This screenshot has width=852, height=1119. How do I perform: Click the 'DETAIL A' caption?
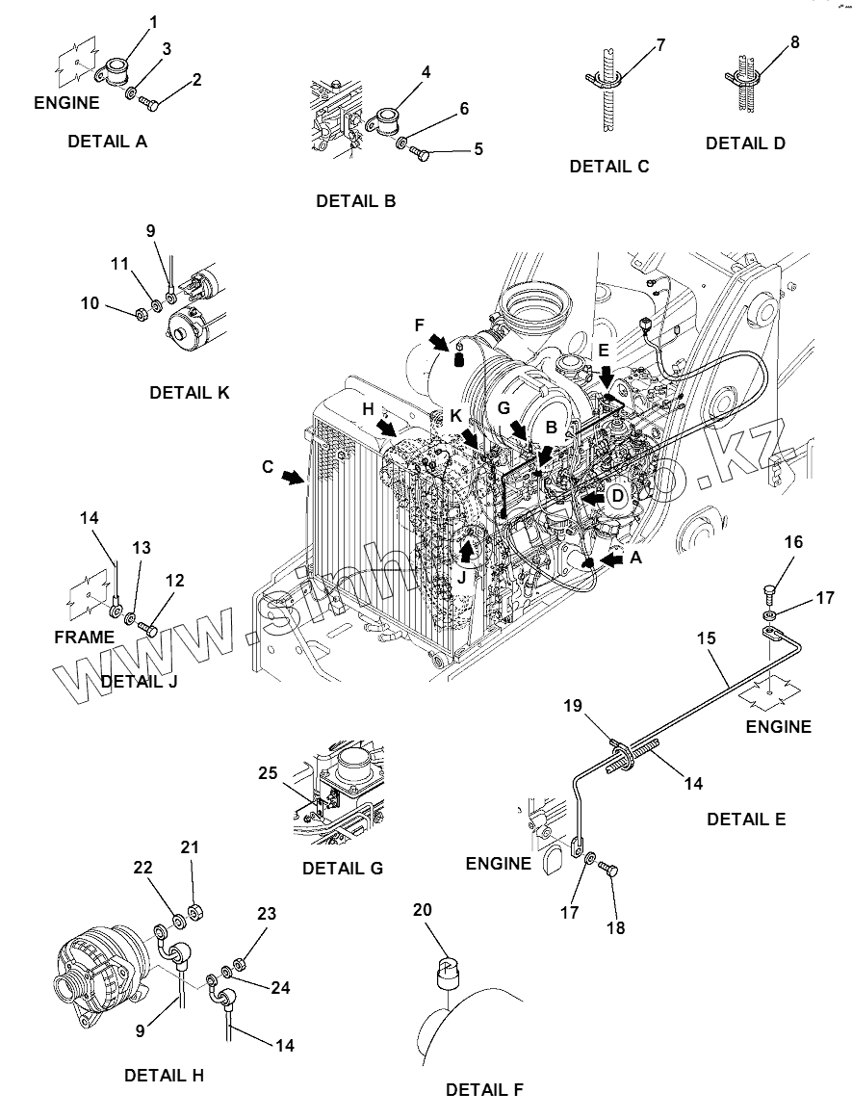coord(107,141)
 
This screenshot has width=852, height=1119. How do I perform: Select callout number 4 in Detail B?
coord(399,72)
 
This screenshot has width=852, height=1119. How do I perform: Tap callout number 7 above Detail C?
coord(659,44)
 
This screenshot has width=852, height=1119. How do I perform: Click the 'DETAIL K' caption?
coord(190,393)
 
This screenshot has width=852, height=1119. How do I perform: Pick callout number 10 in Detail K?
coord(90,303)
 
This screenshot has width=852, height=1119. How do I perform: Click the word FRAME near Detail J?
coord(84,637)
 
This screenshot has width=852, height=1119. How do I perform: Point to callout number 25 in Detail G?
coord(267,772)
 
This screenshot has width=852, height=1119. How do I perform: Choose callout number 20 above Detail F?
coord(423,910)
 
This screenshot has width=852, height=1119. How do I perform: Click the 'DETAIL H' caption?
coord(164,1075)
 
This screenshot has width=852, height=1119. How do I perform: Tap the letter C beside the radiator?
coord(268,467)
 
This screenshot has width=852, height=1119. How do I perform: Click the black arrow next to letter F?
coord(440,343)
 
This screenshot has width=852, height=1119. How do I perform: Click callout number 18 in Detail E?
coord(615,927)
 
